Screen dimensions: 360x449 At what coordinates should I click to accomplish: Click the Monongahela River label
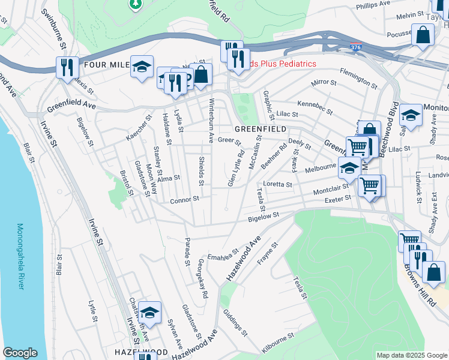point(20,256)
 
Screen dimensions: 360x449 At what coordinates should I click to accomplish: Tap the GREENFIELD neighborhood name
point(260,129)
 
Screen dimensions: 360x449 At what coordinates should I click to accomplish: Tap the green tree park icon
point(135,4)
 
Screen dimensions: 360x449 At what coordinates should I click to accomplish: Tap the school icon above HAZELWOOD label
point(149,312)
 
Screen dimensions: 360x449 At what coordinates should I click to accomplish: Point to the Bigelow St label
point(264,217)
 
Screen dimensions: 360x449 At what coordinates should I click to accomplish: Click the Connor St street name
point(184,199)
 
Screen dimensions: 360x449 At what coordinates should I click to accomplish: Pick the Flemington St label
point(358,78)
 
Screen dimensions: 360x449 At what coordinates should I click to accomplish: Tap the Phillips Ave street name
point(373,5)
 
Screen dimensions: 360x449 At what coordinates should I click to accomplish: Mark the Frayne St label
point(268,255)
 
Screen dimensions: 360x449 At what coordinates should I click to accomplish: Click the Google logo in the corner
point(20,353)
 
